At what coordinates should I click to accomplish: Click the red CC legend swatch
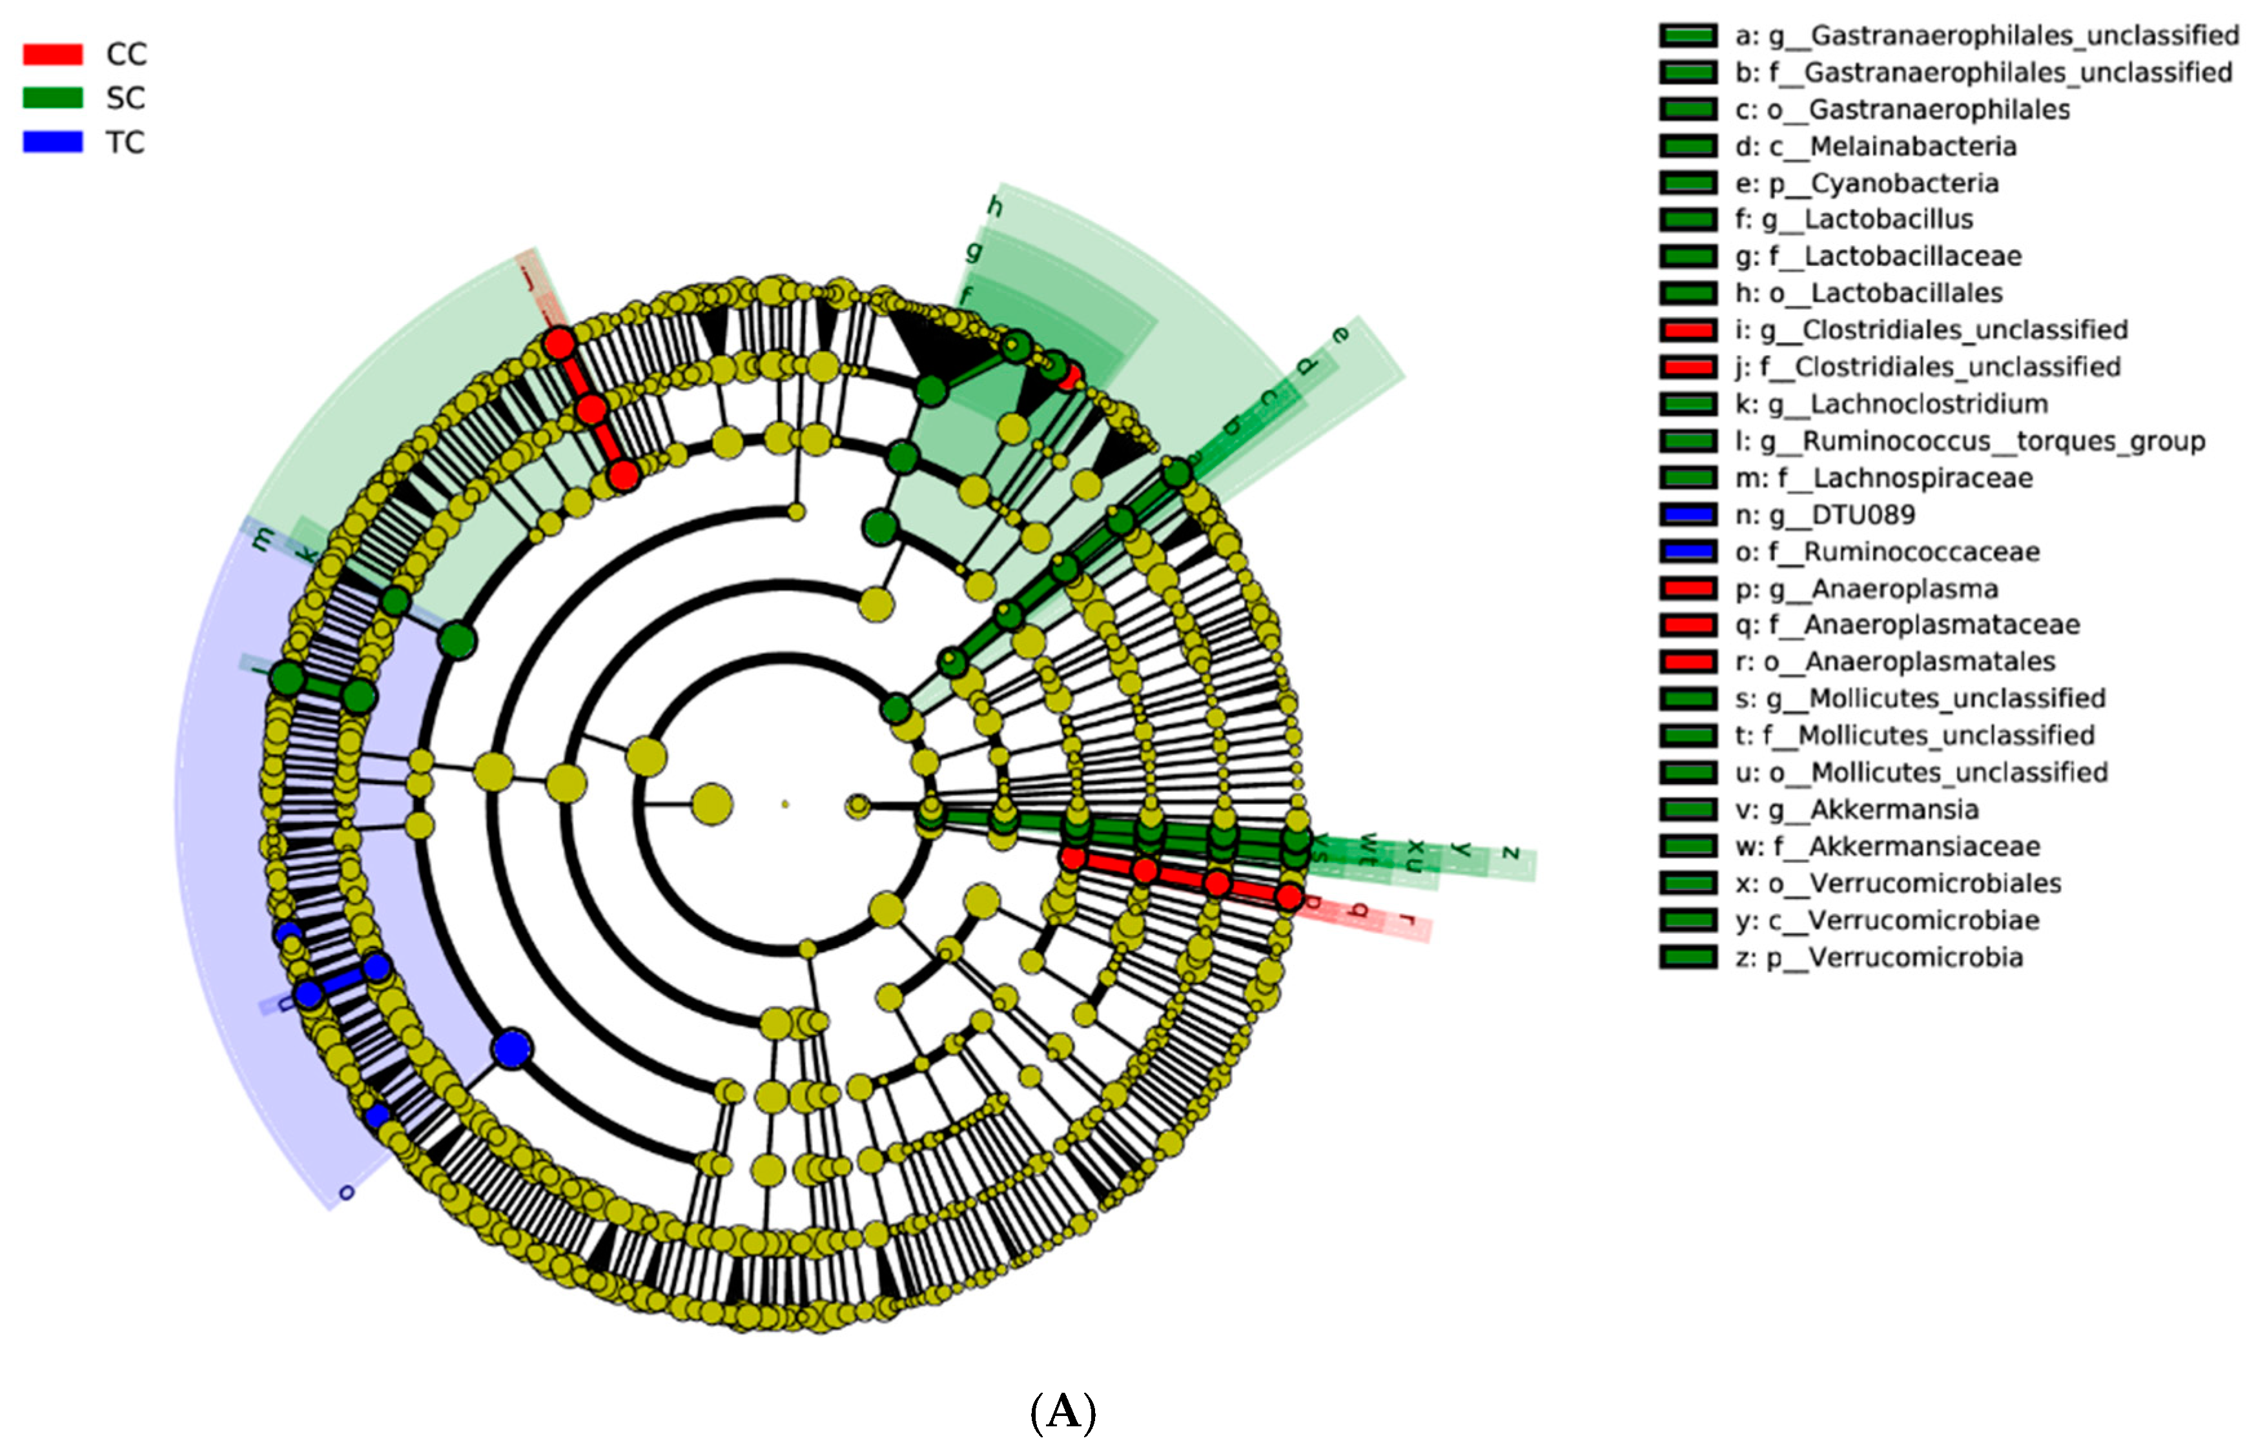click(53, 54)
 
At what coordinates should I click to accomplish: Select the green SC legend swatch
click(53, 97)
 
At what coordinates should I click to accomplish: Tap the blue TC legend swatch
click(53, 142)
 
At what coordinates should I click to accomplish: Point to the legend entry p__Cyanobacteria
click(1866, 183)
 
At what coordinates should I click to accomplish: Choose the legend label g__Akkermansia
click(1856, 809)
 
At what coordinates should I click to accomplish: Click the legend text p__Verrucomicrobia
click(1878, 957)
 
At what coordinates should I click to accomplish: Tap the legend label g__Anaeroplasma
click(1866, 588)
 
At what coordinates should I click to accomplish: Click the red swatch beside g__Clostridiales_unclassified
click(1688, 330)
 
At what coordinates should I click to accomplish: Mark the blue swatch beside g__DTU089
click(1688, 514)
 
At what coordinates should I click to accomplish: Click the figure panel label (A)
click(1063, 1411)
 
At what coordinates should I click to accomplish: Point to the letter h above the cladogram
click(994, 205)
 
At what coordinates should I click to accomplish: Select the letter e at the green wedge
click(1340, 335)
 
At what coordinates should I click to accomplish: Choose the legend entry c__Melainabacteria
click(1876, 146)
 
